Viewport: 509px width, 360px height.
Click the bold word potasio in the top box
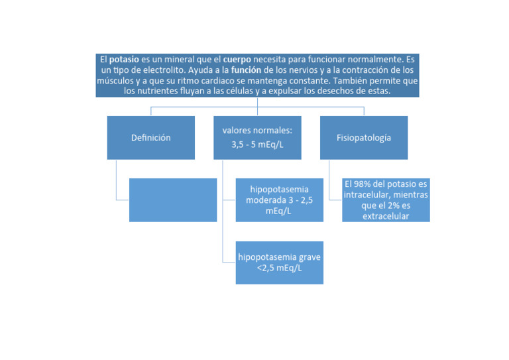click(x=124, y=60)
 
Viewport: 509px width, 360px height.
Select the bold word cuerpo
click(x=237, y=60)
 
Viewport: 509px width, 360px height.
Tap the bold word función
click(x=246, y=70)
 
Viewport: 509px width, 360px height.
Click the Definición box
click(x=151, y=138)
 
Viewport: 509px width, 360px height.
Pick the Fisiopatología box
click(x=364, y=138)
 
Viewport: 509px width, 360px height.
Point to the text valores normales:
click(x=257, y=131)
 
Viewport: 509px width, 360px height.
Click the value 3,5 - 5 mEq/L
click(x=257, y=145)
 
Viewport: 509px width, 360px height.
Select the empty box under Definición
click(x=173, y=200)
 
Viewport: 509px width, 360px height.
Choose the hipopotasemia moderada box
click(x=280, y=200)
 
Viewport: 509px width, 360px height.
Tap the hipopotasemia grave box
click(x=280, y=263)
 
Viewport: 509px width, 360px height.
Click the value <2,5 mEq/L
click(x=280, y=268)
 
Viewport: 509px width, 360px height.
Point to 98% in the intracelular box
click(x=362, y=184)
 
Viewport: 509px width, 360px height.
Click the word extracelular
click(x=386, y=216)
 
